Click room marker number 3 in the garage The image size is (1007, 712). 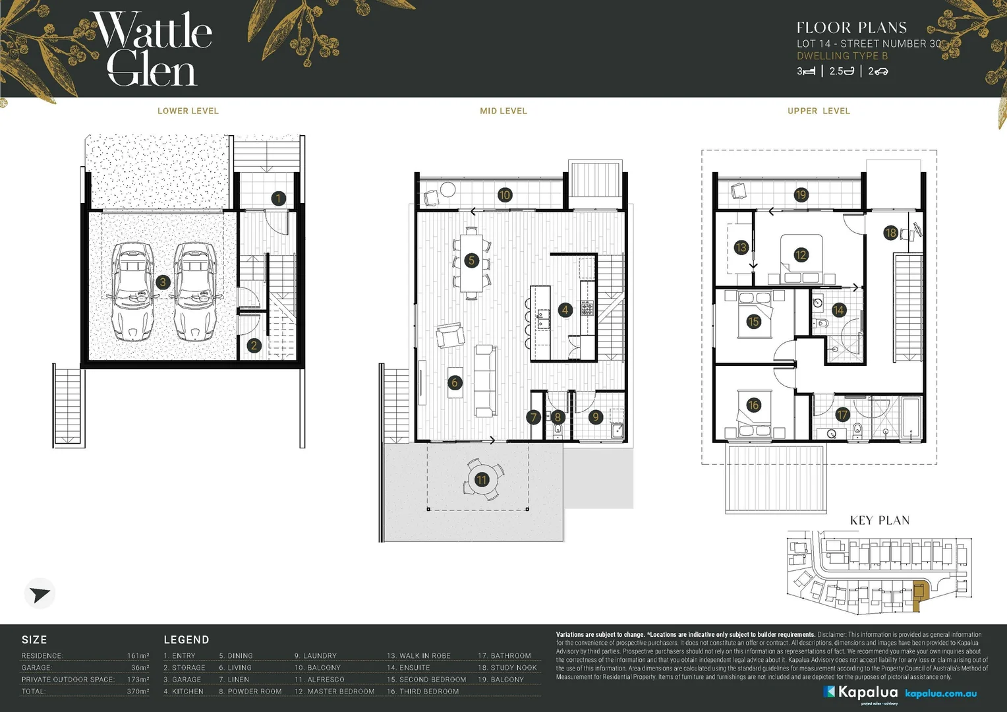(163, 282)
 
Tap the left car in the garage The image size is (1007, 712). (133, 291)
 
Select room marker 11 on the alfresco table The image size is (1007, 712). (482, 479)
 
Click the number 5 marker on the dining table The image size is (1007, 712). (471, 260)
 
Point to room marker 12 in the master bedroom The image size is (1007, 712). (801, 255)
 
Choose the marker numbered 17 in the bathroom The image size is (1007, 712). (842, 415)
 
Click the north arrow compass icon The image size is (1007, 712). (40, 594)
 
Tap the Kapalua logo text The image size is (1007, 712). (867, 692)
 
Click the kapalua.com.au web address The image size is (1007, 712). (940, 694)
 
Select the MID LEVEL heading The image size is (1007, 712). (503, 111)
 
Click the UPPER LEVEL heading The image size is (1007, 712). (819, 111)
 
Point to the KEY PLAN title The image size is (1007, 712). (879, 520)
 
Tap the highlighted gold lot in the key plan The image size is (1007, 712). (921, 591)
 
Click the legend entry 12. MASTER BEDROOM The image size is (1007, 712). (334, 692)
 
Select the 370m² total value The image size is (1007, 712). (138, 692)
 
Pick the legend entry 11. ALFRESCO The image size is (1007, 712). (320, 680)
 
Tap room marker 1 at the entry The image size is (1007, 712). (278, 198)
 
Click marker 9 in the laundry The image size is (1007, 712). (595, 417)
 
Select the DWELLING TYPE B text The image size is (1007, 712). (842, 56)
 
